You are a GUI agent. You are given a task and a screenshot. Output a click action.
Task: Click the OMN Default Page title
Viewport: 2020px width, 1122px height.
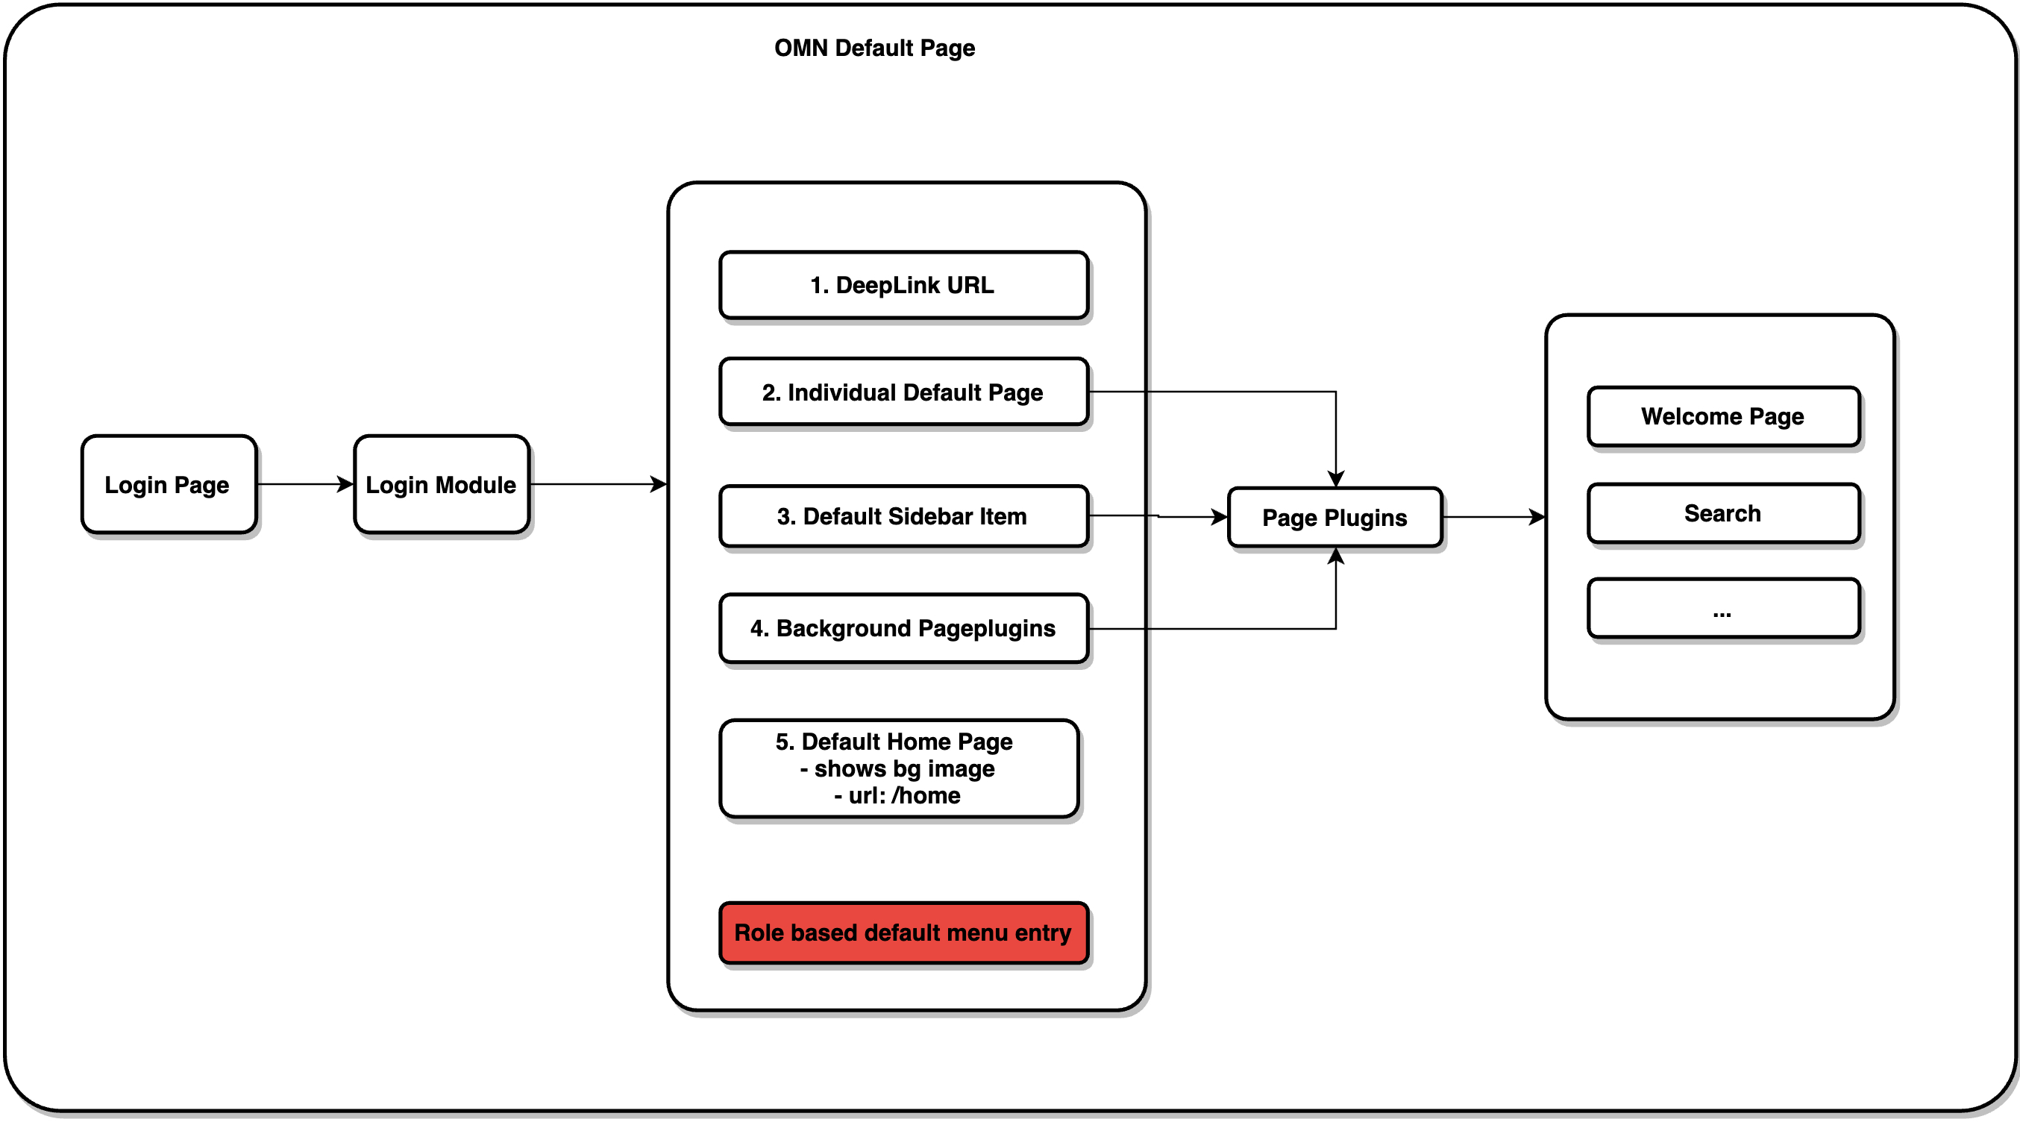(x=874, y=48)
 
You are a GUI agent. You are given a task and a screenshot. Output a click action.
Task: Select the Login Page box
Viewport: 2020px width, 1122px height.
(x=168, y=485)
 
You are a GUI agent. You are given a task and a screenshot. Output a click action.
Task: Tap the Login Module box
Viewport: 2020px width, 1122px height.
(x=441, y=485)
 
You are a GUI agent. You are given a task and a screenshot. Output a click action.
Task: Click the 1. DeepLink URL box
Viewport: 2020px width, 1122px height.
(x=903, y=286)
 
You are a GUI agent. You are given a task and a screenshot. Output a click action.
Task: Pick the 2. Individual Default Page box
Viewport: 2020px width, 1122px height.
(x=903, y=392)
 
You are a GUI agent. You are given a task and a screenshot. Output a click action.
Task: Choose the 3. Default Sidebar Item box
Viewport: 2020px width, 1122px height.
(x=903, y=516)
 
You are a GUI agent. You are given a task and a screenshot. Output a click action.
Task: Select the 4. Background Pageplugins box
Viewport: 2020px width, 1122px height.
(x=903, y=628)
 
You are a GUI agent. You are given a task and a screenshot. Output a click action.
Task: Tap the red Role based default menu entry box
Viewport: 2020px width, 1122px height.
(x=903, y=933)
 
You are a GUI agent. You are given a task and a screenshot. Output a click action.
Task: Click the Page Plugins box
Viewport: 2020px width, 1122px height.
(x=1334, y=518)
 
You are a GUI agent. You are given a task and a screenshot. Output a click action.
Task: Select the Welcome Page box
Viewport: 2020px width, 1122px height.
(x=1723, y=416)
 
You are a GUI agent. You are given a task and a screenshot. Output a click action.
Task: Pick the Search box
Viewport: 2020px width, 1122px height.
(x=1723, y=513)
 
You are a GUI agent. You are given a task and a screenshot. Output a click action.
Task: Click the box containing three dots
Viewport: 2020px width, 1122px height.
(x=1723, y=609)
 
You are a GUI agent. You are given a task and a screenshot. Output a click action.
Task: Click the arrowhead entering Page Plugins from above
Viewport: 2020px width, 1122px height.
(x=1336, y=478)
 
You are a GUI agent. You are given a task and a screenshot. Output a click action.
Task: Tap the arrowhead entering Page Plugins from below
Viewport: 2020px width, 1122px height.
(x=1336, y=557)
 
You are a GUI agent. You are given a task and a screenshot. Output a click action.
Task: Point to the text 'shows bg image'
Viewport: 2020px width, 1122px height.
(x=904, y=768)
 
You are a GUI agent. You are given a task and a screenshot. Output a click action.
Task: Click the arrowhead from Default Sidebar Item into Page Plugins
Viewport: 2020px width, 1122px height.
(x=1219, y=517)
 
